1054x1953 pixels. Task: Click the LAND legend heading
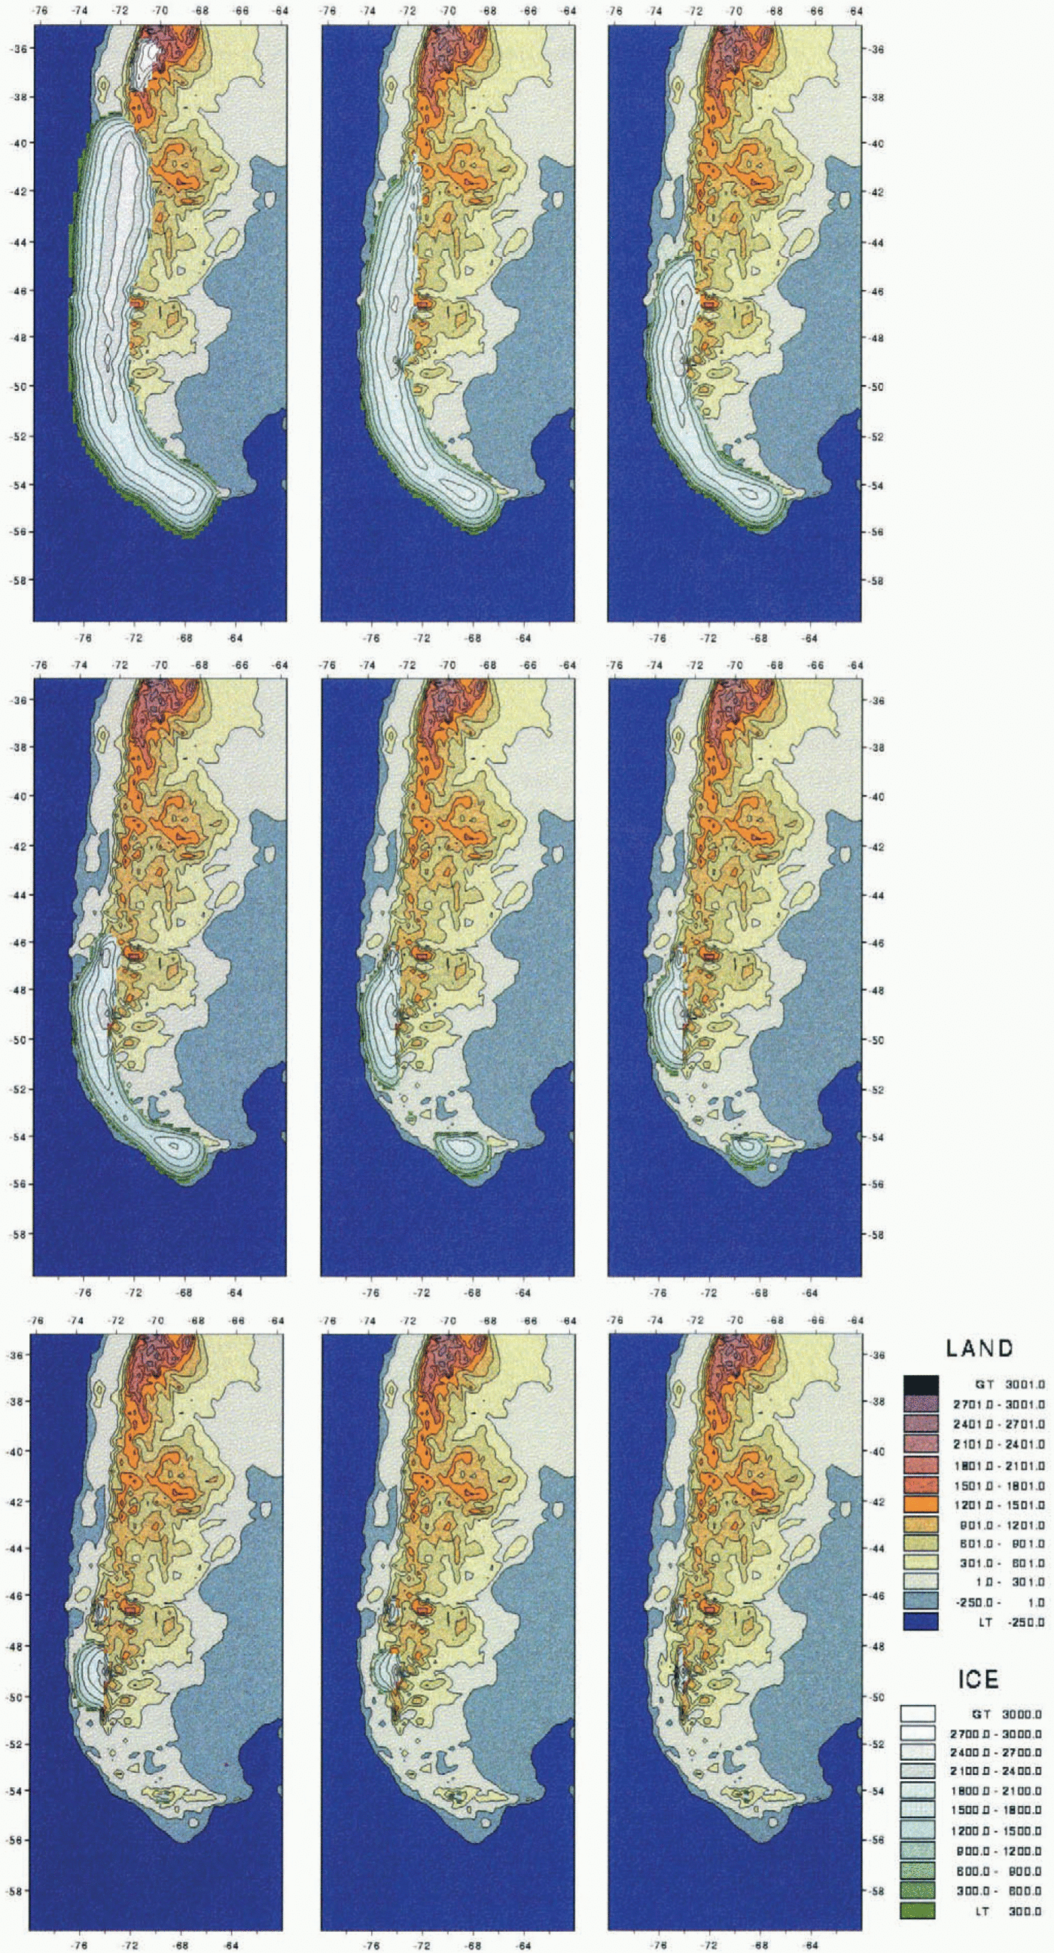pos(979,1348)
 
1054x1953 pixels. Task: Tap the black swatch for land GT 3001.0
pos(921,1383)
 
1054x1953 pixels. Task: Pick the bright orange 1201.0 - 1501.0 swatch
pos(921,1503)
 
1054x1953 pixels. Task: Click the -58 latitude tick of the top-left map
pos(20,580)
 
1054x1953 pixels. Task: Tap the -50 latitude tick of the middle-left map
pos(20,1041)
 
